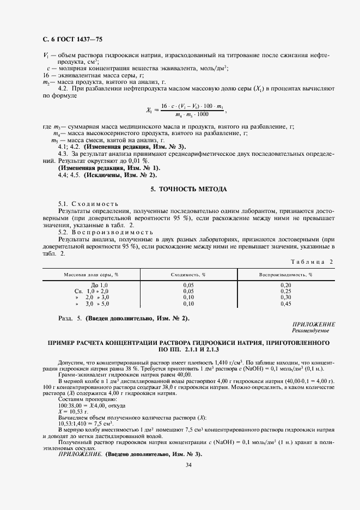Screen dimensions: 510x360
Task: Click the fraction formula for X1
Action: pos(185,110)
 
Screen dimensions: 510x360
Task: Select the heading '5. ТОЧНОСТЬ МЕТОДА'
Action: pos(188,189)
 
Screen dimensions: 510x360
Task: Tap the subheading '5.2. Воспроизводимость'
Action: pos(96,232)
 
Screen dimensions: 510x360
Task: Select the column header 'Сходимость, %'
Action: pos(188,275)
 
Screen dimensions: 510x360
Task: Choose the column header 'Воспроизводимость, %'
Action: pos(285,275)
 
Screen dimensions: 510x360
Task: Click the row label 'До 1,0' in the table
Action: pos(100,285)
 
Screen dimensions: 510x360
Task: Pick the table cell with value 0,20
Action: pos(285,285)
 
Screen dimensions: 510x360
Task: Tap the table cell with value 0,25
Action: pos(285,291)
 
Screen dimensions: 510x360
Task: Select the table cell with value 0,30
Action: pos(285,297)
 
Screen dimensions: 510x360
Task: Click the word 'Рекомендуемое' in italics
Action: pos(310,330)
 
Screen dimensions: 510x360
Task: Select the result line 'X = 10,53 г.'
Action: pos(73,412)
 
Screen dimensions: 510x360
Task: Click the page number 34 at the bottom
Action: pos(188,465)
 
